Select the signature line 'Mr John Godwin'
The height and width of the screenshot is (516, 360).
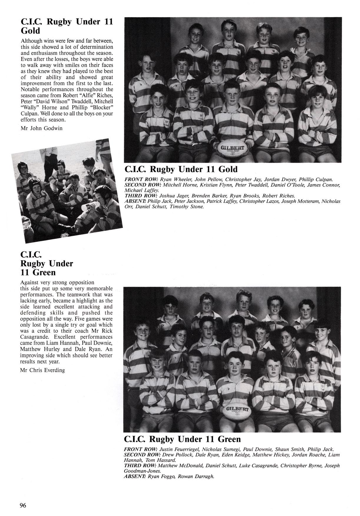coord(41,128)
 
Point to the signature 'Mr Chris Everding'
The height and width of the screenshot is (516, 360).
coord(42,370)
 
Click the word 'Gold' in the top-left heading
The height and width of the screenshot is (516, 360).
coord(30,31)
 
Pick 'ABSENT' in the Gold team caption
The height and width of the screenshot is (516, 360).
coord(135,202)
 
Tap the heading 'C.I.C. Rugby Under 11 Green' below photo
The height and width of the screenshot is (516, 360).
coord(183,439)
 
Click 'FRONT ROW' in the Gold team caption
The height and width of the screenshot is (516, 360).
coord(141,179)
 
